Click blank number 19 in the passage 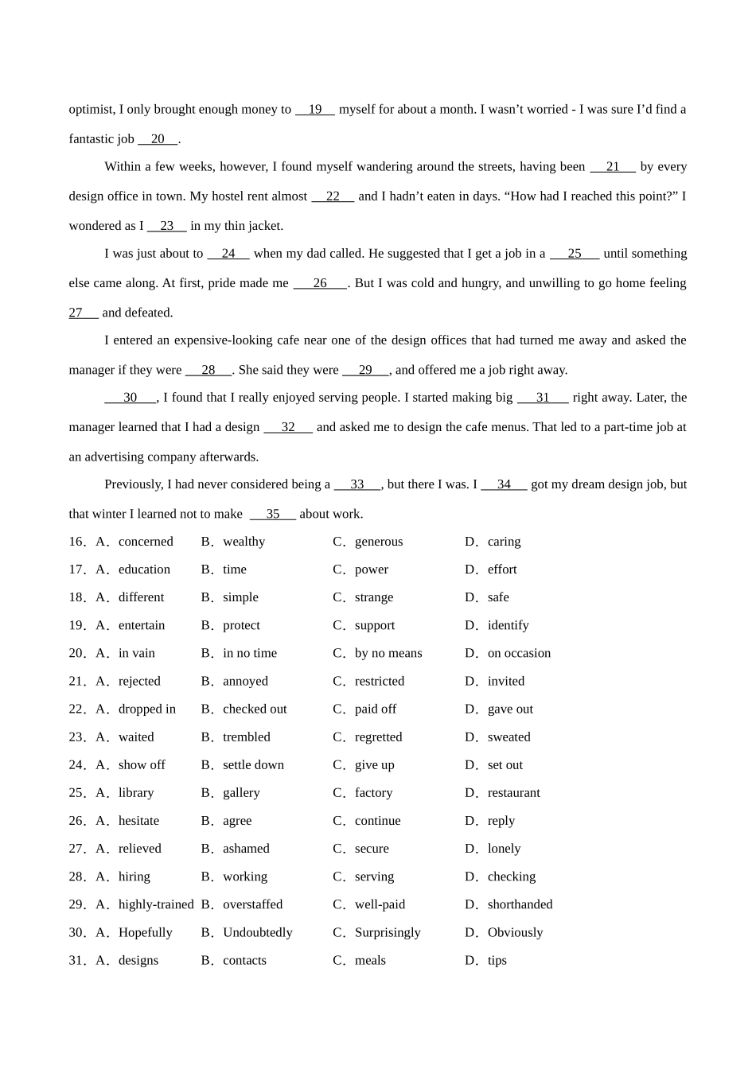315,110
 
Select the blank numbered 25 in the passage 574,254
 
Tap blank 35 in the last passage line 273,514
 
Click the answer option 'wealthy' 244,542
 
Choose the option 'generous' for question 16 379,542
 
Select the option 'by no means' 388,653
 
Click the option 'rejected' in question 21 139,681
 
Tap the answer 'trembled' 247,737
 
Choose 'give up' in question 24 375,765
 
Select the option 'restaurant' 513,793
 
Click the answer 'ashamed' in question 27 246,849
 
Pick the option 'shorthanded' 520,904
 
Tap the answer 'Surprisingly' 388,932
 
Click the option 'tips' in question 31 497,961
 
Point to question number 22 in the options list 76,709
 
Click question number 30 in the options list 76,932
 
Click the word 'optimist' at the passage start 90,110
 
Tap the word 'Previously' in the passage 132,484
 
